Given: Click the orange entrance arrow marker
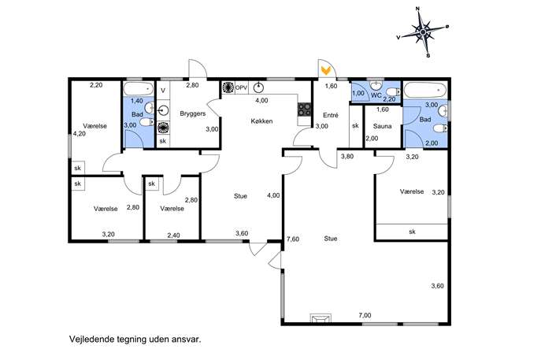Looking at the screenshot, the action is coord(326,70).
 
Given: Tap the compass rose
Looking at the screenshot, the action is coord(423,32).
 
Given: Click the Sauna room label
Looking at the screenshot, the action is coord(382,126).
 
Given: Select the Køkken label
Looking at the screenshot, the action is coord(261,121).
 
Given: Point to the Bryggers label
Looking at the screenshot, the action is coord(192,113).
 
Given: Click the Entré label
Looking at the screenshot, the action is coord(331,115).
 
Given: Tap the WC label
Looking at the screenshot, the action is coord(376,95).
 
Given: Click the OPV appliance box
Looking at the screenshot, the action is coord(241,87).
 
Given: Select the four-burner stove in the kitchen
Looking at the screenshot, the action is coord(304,109).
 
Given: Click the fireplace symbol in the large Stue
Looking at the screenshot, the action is coord(321,318).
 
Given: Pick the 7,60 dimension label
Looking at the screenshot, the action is coord(293,239).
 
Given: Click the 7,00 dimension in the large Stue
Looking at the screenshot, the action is coord(365,315).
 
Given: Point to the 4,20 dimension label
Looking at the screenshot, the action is coord(80,134).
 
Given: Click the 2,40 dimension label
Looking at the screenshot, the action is coord(173,235).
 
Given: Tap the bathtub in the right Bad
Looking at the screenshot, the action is coord(425,91).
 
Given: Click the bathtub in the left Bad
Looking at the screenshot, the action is coord(139,89).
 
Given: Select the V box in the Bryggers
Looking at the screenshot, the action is coord(163,91).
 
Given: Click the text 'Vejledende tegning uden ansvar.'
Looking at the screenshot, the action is coord(135,339).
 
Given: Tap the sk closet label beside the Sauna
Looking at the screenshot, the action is coord(355,126).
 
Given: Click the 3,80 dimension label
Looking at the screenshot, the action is coord(347,156).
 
